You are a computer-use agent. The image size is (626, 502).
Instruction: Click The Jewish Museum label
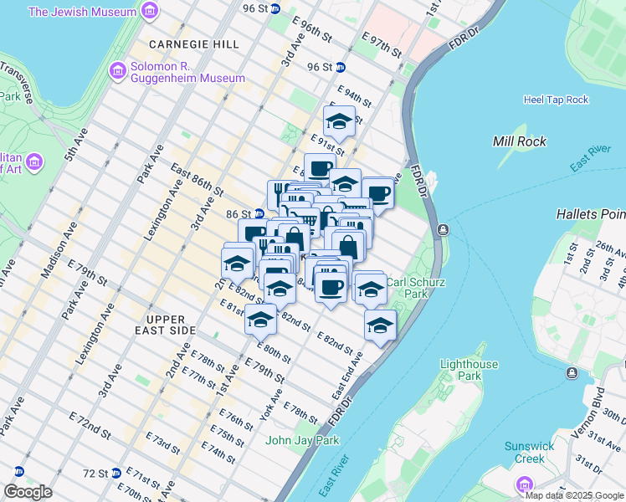click(82, 13)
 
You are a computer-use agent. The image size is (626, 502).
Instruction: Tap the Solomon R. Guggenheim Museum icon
click(117, 71)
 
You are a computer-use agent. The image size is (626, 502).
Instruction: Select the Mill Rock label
click(520, 141)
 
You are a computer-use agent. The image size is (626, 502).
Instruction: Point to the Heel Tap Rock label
click(556, 100)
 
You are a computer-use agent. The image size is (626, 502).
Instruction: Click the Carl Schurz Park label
click(407, 288)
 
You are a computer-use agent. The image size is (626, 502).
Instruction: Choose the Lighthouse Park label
click(469, 370)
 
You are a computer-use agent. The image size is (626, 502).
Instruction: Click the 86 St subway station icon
click(260, 213)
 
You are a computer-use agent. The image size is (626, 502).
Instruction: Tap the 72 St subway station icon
click(116, 473)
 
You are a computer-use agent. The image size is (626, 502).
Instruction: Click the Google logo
click(28, 492)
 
